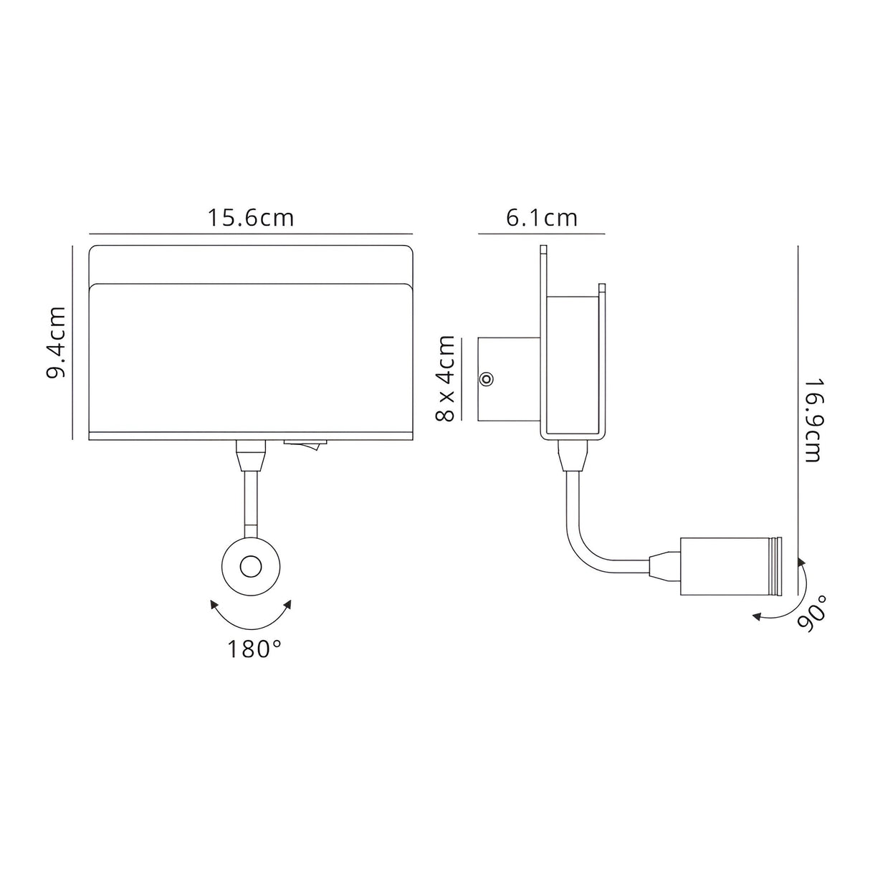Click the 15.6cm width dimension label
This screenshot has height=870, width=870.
(251, 217)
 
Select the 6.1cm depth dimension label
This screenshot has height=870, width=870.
(542, 217)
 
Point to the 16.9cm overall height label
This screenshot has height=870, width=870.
(812, 421)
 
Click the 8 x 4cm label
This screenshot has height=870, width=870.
(446, 378)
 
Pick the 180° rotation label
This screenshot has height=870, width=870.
(254, 649)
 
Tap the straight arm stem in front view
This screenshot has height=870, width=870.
(251, 502)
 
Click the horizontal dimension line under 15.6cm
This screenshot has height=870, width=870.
(251, 234)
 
